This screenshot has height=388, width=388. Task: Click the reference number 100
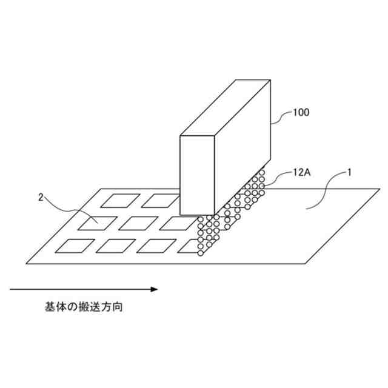pos(302,113)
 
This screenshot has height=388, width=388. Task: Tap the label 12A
pos(301,172)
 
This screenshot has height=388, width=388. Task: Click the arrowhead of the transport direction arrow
pos(154,289)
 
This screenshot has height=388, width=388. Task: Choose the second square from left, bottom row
pos(115,246)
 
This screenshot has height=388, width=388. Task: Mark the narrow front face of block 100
pos(198,176)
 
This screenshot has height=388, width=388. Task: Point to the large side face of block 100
pos(242,152)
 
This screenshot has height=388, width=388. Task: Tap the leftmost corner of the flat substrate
pos(28,263)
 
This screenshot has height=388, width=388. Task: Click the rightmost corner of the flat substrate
pos(380,190)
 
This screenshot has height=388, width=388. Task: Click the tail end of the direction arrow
pos(11,289)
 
